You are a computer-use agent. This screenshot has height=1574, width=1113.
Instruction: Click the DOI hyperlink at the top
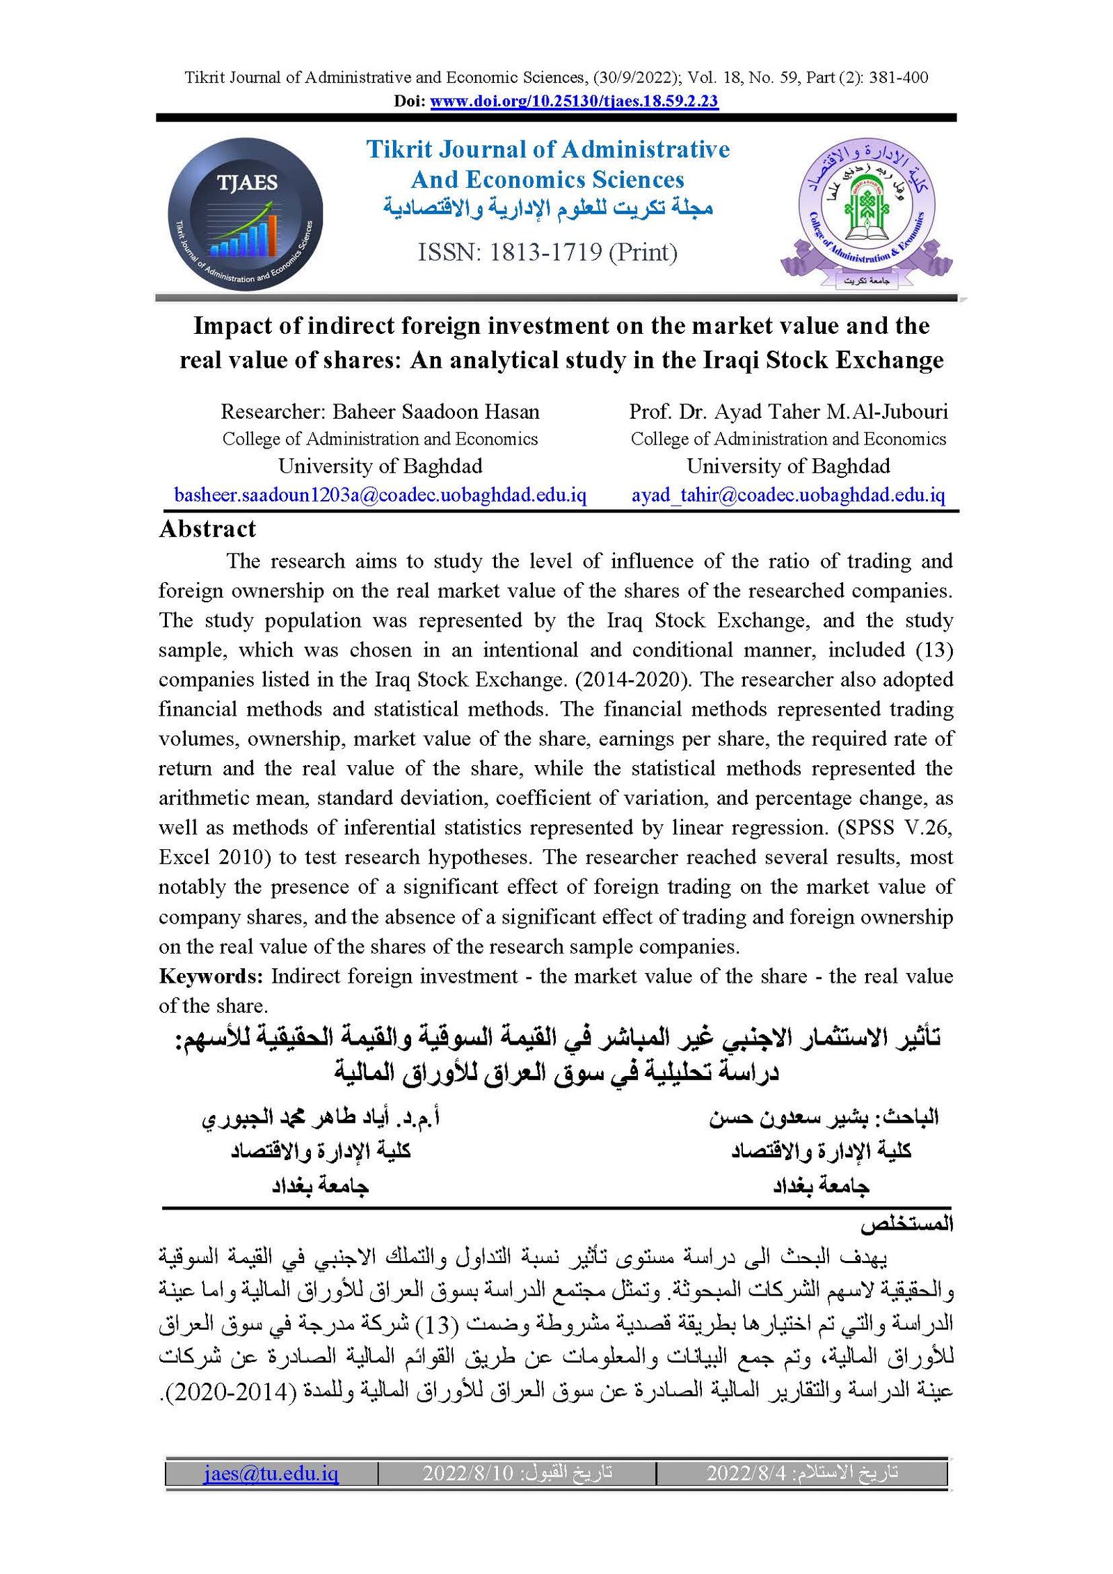point(574,101)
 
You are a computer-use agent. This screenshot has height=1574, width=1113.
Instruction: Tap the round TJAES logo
point(245,214)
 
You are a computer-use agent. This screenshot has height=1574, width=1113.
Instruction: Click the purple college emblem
point(866,212)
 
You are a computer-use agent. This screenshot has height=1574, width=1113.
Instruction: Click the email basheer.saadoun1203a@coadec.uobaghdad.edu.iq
point(380,495)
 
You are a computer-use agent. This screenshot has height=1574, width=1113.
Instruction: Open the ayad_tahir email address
point(788,495)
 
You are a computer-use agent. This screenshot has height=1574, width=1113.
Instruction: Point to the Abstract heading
point(207,529)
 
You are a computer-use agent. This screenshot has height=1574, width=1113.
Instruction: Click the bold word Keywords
point(210,977)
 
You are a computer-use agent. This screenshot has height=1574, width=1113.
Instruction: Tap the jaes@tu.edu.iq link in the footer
point(271,1473)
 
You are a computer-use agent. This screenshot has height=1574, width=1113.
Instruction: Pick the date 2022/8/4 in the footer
point(746,1473)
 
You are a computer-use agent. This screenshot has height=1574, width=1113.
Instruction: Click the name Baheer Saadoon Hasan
point(435,412)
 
